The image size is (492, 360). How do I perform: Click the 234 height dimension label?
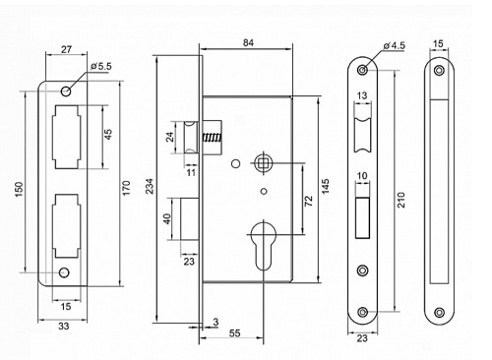(150, 186)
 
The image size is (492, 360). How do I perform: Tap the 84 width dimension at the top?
(248, 43)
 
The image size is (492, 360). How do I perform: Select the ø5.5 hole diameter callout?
(101, 67)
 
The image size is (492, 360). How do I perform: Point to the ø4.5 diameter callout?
(394, 45)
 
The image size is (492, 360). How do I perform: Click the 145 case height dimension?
(326, 186)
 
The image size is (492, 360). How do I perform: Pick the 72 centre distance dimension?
(309, 201)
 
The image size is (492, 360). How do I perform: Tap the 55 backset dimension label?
(234, 333)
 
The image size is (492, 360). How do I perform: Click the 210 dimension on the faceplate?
(401, 200)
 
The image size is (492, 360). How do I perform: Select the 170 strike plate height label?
(127, 188)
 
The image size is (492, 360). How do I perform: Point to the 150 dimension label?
(19, 190)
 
